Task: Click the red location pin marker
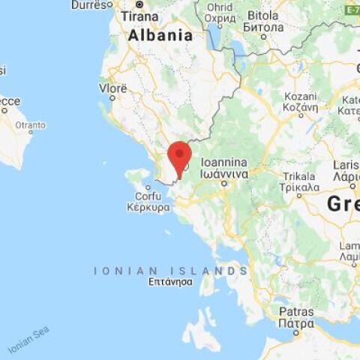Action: pyautogui.click(x=179, y=156)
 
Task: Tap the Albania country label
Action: pyautogui.click(x=160, y=35)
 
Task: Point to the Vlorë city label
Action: pyautogui.click(x=113, y=88)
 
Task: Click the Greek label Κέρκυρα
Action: pyautogui.click(x=148, y=207)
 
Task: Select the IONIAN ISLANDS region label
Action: pyautogui.click(x=170, y=271)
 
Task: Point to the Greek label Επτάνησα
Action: pyautogui.click(x=170, y=282)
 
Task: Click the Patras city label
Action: pyautogui.click(x=296, y=311)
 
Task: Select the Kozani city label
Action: pyautogui.click(x=300, y=97)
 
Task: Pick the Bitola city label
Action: pyautogui.click(x=263, y=15)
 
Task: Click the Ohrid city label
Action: pyautogui.click(x=220, y=7)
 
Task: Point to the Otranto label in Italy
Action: pyautogui.click(x=30, y=125)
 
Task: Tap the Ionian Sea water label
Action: pyautogui.click(x=28, y=340)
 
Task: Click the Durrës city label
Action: pyautogui.click(x=88, y=4)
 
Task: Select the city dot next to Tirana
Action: pyautogui.click(x=139, y=4)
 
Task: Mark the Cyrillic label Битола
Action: pyautogui.click(x=263, y=27)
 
